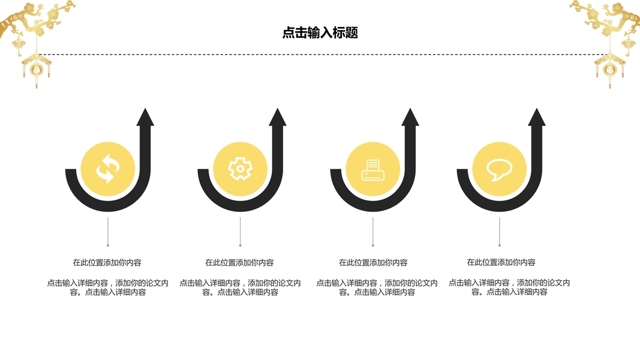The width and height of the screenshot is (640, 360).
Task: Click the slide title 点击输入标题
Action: [320, 33]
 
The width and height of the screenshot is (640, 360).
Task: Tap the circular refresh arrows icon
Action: [107, 169]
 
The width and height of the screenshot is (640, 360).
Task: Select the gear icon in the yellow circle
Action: [240, 169]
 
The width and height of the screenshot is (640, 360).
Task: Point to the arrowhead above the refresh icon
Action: [145, 118]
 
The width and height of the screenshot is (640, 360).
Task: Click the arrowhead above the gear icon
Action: [278, 118]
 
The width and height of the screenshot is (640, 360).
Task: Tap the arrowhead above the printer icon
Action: [410, 118]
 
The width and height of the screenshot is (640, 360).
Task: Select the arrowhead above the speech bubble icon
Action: [537, 118]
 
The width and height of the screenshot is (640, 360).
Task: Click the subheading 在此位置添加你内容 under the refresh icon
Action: [107, 263]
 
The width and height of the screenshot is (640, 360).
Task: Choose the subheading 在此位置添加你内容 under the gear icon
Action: [240, 263]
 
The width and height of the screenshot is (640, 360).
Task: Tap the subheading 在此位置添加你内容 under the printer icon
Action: [373, 263]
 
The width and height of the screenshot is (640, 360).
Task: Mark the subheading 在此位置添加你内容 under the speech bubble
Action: [501, 263]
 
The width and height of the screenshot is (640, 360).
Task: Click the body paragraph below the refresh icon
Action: [107, 287]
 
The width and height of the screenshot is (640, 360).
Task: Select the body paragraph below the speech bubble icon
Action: [509, 287]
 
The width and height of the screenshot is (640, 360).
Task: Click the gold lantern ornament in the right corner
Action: [608, 67]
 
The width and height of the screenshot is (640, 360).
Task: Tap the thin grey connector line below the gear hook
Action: [240, 231]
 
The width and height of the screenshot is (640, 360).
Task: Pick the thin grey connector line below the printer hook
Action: [372, 231]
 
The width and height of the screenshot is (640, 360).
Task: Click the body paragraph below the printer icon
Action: [377, 287]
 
